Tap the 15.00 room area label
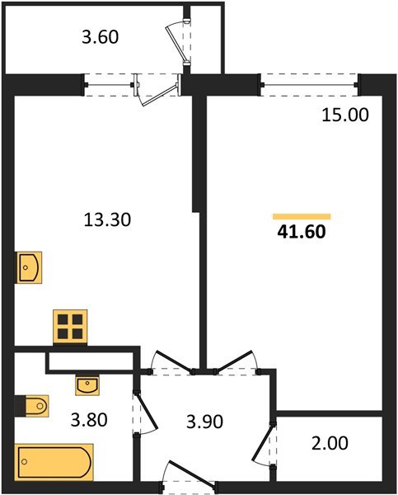pos(345,115)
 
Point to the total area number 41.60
pos(302,232)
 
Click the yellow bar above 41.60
pos(301,215)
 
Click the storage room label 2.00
pos(330,443)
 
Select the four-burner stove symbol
pos(70,326)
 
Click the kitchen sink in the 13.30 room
pos(29,267)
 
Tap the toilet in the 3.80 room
pos(32,406)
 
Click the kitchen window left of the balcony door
pos(109,84)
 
